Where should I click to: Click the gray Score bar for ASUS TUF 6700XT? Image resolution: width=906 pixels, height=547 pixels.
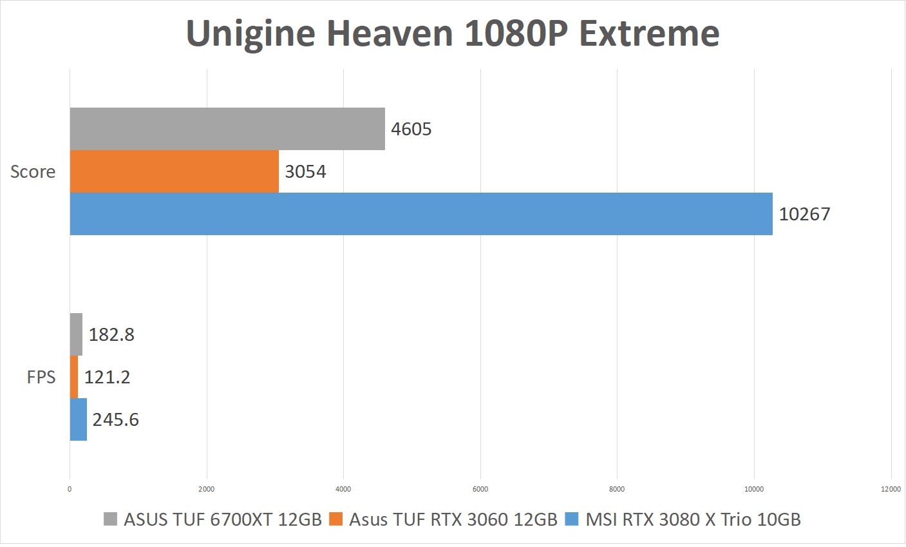point(227,129)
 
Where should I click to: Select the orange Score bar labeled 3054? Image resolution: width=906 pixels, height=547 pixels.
point(174,171)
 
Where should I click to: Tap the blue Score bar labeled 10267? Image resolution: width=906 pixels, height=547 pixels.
point(421,214)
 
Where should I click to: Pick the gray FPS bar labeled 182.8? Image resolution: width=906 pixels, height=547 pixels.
point(76,334)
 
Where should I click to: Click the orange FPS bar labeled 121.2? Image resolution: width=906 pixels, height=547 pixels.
point(74,377)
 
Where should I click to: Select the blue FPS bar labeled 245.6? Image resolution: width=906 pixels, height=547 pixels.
point(79,419)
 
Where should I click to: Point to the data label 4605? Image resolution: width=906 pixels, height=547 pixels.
point(411,129)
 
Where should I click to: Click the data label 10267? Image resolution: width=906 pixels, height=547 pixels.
point(804,214)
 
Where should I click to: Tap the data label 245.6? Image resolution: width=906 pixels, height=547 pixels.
point(116,419)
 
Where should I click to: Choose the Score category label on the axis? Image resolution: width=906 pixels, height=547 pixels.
point(33,171)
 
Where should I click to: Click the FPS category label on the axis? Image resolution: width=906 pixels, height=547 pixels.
point(41,377)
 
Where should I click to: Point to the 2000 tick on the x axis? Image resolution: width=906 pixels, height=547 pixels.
point(207,489)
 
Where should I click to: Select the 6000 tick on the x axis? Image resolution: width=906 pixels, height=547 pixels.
point(480,489)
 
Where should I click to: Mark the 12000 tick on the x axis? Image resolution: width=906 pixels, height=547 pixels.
point(891,489)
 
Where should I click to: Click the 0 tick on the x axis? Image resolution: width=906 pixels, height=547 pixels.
point(70,489)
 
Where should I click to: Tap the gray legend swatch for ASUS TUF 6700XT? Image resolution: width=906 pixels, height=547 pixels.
point(111,519)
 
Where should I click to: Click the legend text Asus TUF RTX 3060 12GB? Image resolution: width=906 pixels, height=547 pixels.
point(453,519)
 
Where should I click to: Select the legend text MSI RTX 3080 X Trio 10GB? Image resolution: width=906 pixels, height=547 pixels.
point(693,519)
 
